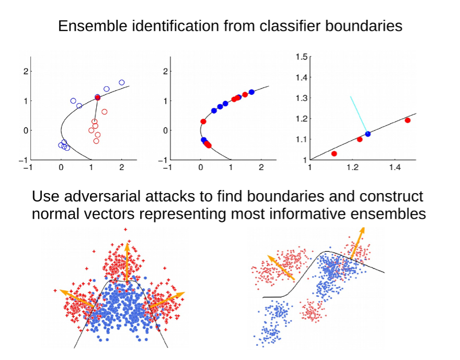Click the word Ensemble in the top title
(x=93, y=26)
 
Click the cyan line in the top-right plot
(x=359, y=115)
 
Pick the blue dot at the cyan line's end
(x=368, y=134)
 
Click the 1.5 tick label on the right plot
(x=302, y=57)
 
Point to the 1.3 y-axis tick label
(x=302, y=98)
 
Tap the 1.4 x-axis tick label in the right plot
(x=395, y=167)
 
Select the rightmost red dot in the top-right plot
(x=408, y=120)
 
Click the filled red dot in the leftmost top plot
(x=98, y=97)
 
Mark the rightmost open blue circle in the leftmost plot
(x=122, y=83)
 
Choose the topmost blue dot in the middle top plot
(x=251, y=92)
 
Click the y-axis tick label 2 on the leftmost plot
(x=26, y=71)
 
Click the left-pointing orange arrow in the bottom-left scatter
(x=77, y=298)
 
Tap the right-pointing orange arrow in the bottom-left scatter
(x=167, y=300)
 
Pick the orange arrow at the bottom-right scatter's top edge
(x=358, y=243)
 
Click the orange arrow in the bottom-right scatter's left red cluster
(x=281, y=267)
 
